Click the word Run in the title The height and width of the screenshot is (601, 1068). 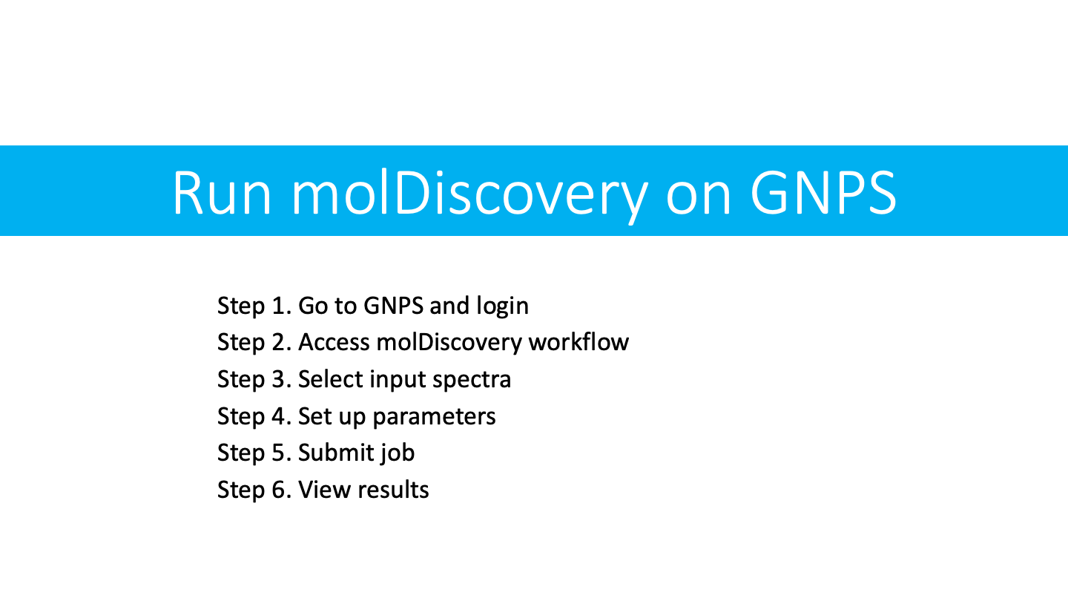222,193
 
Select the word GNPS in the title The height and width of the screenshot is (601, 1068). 823,193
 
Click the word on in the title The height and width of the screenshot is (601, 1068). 699,198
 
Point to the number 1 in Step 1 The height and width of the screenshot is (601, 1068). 278,306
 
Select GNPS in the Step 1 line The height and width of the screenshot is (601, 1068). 393,306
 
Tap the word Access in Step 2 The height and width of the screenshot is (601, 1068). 334,343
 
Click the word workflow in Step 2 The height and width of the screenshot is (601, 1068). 578,342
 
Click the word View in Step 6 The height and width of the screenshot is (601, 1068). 325,490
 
